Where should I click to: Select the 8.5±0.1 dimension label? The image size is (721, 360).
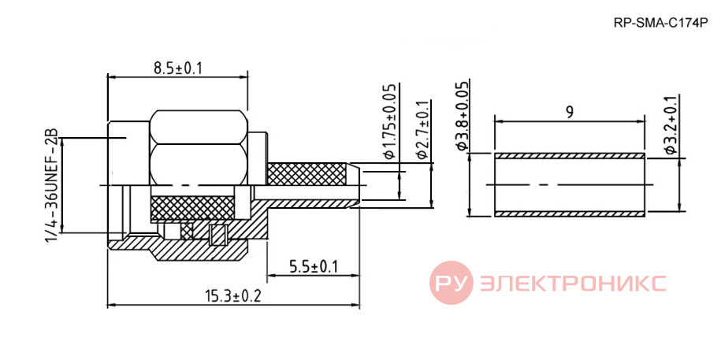(x=178, y=69)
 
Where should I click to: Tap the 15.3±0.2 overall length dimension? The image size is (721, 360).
(x=233, y=295)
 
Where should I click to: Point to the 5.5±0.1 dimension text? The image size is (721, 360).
(x=313, y=267)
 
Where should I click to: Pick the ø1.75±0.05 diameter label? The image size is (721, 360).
(x=389, y=121)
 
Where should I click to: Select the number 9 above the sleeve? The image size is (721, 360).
(x=569, y=113)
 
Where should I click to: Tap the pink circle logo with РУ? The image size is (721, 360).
(x=451, y=283)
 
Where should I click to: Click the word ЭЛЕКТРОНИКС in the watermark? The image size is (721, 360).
(x=573, y=283)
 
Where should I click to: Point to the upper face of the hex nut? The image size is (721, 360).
(x=199, y=127)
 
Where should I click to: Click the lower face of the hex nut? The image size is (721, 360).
(x=199, y=165)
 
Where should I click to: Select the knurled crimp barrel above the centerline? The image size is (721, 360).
(x=307, y=174)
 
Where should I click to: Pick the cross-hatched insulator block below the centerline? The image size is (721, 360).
(x=192, y=208)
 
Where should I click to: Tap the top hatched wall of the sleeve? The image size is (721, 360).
(x=569, y=156)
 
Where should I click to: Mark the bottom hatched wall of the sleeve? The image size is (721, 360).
(x=569, y=213)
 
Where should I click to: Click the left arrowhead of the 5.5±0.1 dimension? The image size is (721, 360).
(x=272, y=276)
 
